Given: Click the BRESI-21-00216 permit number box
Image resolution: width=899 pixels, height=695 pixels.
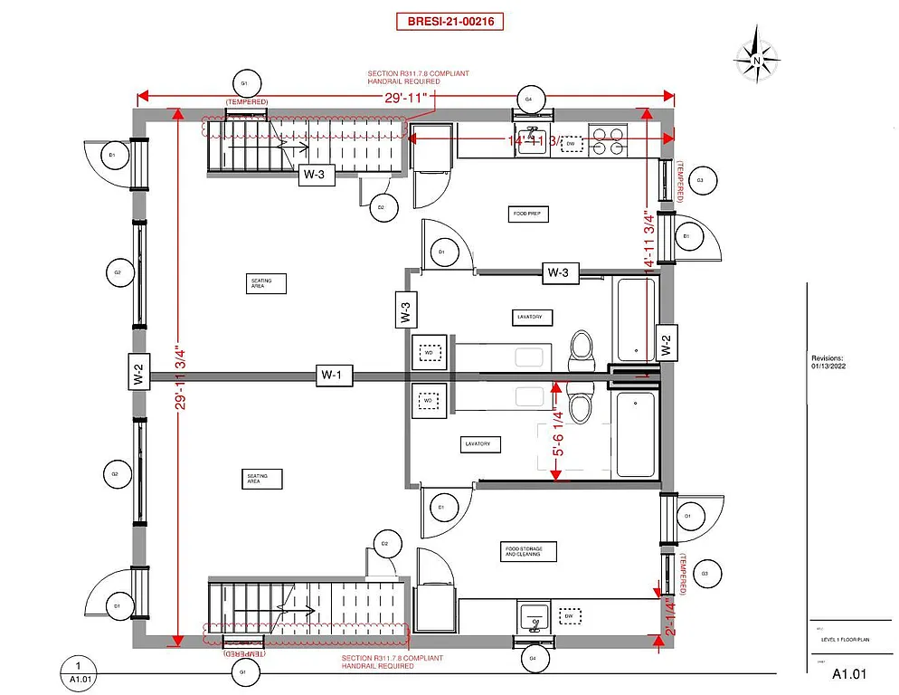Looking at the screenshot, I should [x=449, y=21].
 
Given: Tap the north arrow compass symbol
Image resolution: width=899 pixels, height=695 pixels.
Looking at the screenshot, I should [x=756, y=59].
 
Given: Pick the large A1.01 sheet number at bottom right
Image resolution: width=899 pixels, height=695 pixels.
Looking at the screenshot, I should [x=849, y=674].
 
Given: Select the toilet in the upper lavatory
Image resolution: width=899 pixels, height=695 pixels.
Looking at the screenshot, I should [x=580, y=348].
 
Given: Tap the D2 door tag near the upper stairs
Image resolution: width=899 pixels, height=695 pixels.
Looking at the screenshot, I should [x=382, y=207].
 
